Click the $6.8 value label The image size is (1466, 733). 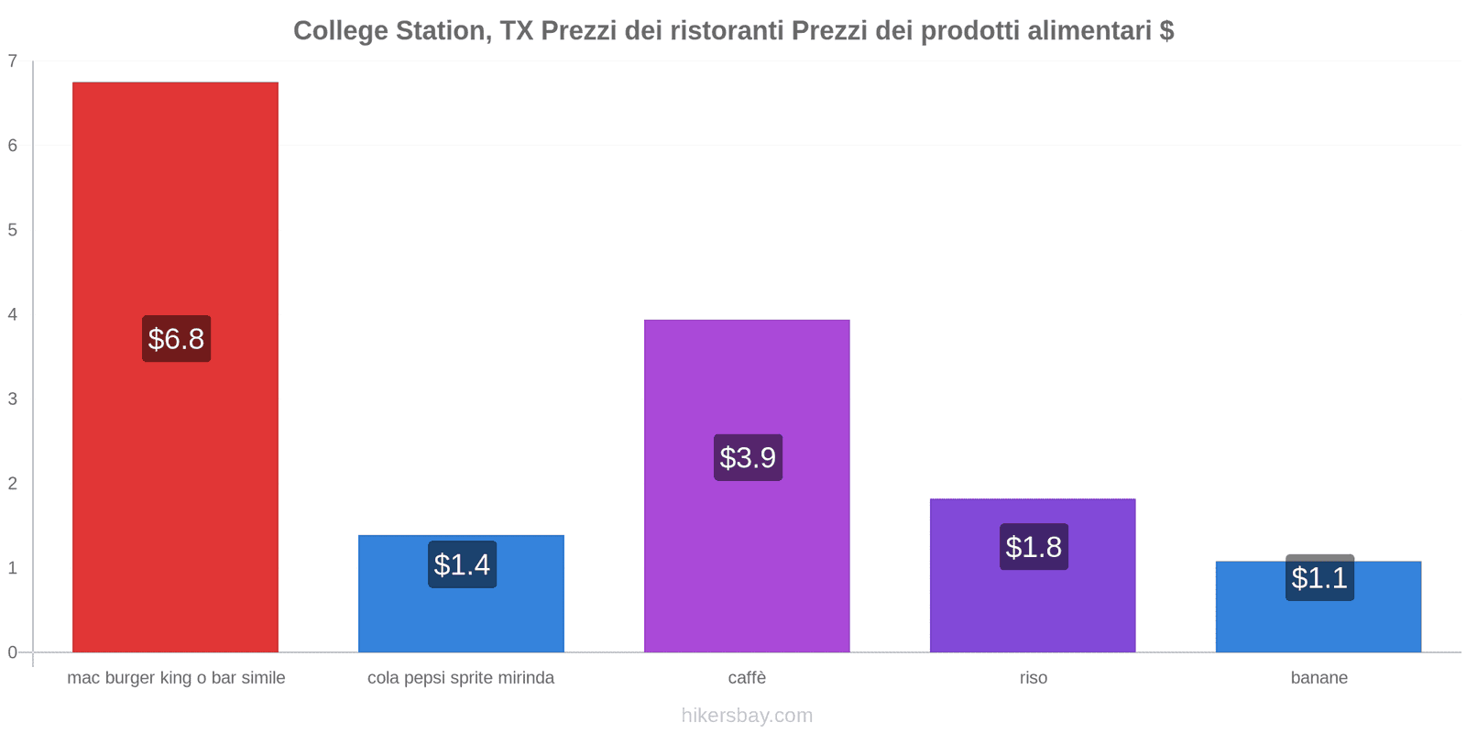coord(176,339)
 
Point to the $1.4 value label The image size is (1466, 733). coord(462,564)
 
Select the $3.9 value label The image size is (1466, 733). coord(748,457)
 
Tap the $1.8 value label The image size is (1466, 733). coord(1034,547)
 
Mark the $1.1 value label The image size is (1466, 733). coord(1319,578)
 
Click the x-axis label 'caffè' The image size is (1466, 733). coord(747,678)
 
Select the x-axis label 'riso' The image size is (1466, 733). coord(1033,678)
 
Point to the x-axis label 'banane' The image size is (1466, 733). coord(1318,678)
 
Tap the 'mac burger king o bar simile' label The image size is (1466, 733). coord(176,678)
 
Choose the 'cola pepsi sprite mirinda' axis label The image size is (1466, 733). coord(461,678)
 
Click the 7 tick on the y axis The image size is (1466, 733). coord(13,61)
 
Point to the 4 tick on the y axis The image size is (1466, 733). coord(13,314)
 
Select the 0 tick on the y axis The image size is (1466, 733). coord(13,652)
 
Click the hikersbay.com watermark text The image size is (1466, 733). coord(747,716)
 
